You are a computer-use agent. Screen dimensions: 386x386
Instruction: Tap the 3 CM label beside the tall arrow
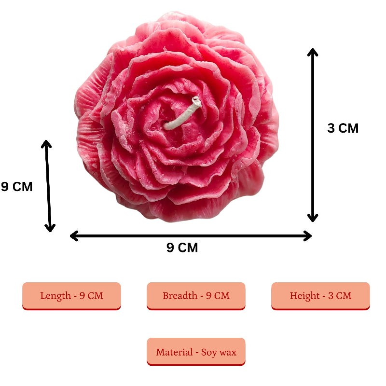click(343, 128)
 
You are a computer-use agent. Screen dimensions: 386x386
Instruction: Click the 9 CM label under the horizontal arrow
click(182, 248)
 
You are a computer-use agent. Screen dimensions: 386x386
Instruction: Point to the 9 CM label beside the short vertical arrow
click(17, 187)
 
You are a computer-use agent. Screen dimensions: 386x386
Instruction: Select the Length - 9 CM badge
click(71, 295)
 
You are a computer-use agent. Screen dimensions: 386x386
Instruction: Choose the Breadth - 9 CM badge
click(196, 295)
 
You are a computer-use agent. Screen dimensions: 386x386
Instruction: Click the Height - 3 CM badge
click(320, 295)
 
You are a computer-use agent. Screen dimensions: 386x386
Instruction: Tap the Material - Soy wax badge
click(196, 352)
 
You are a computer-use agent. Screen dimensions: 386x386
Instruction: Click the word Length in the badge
click(55, 295)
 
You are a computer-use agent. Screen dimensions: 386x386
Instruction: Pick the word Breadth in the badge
click(179, 295)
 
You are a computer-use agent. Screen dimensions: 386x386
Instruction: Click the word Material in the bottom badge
click(174, 352)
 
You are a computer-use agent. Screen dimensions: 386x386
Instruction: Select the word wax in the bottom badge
click(228, 352)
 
